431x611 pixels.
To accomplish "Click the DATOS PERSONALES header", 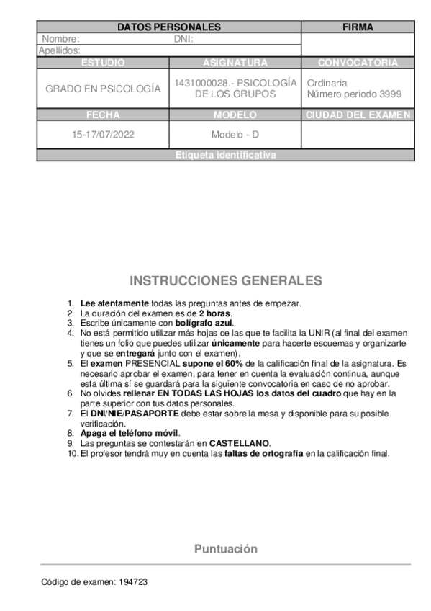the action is click(x=168, y=27).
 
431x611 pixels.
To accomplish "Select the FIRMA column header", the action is click(x=358, y=27).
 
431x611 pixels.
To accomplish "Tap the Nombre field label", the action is click(x=60, y=39).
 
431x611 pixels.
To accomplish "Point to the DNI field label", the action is click(x=183, y=39).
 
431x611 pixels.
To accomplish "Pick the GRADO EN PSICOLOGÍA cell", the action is click(x=103, y=89).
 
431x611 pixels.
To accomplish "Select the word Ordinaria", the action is click(x=327, y=83).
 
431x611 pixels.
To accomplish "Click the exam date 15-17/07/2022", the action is click(x=103, y=135).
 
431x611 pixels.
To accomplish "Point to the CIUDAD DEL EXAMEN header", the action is click(x=358, y=115).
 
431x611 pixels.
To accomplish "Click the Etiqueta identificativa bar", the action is click(x=225, y=155).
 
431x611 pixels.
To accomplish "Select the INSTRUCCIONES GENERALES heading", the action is click(x=225, y=280).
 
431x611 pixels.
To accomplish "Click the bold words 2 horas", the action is click(x=216, y=313).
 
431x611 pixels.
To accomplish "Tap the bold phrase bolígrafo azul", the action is click(x=205, y=323).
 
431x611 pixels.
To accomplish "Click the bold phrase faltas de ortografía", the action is click(x=264, y=454).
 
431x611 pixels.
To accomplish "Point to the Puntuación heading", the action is click(x=225, y=549).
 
